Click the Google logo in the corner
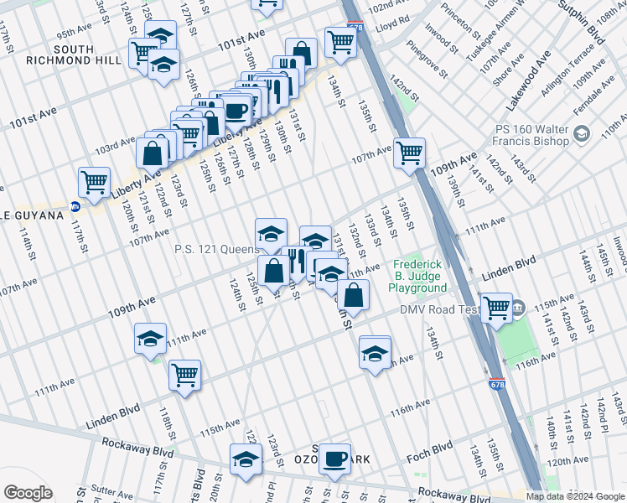pos(28,492)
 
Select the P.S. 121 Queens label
pos(217,249)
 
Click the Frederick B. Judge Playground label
pos(417,275)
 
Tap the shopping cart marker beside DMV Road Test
pos(497,307)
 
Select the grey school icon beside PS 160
pos(582,133)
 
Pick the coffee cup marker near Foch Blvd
pos(335,458)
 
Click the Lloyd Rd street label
pos(393,18)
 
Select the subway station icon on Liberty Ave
pos(75,205)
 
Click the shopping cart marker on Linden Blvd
pos(184,376)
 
